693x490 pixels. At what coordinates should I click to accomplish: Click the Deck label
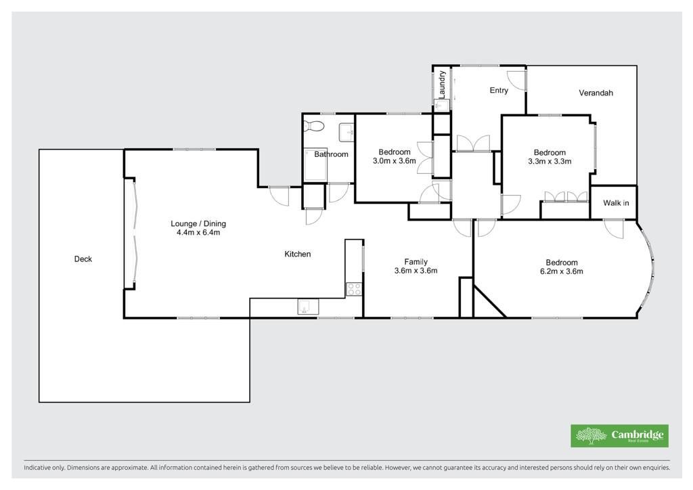point(83,259)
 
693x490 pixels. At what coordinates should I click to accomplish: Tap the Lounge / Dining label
point(198,223)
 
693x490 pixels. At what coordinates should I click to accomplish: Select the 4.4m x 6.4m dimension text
point(198,232)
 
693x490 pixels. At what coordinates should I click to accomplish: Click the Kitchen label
point(298,254)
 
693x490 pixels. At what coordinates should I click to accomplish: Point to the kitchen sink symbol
point(308,307)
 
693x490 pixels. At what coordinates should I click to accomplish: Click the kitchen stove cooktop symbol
point(353,290)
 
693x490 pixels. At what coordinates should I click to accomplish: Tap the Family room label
point(416,261)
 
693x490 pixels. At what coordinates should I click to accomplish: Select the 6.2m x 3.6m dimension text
point(561,271)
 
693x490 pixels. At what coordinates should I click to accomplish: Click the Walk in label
point(616,203)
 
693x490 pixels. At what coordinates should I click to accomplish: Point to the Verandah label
point(596,93)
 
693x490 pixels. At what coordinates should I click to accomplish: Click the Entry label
point(499,90)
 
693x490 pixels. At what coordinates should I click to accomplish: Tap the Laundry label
point(442,84)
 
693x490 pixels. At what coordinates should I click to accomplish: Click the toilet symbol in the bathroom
point(314,126)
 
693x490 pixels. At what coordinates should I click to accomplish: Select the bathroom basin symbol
point(346,132)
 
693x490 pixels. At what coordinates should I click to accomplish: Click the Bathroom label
point(331,154)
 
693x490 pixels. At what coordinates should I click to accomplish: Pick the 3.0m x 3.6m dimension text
point(395,161)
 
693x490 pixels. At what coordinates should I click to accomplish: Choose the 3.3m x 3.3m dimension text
point(550,161)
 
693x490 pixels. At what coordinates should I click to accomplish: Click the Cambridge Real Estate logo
point(619,436)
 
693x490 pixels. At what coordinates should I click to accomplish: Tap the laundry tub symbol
point(441,105)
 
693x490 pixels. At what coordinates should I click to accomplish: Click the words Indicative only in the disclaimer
point(43,467)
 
